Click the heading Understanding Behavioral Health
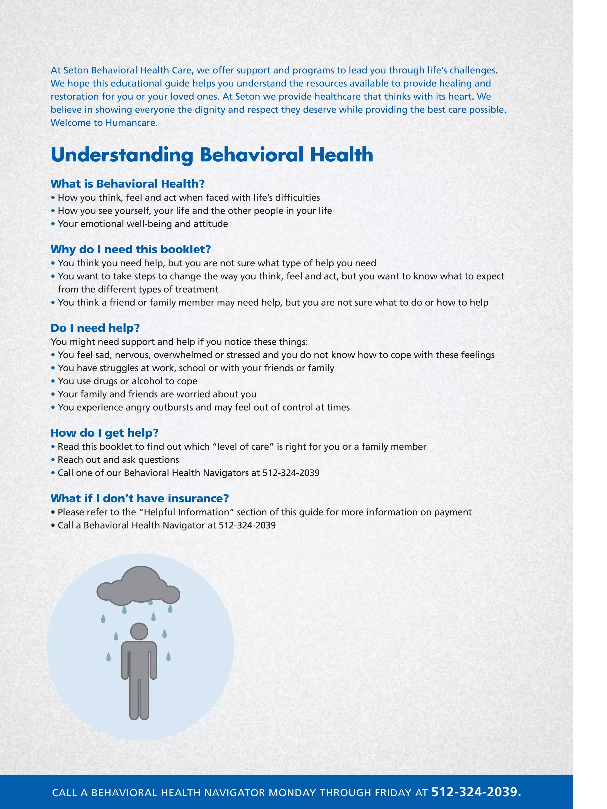coord(212,155)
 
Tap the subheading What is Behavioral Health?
coord(127,184)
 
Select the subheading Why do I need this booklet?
coord(131,249)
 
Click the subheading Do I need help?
coord(95,328)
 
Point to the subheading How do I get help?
coord(104,433)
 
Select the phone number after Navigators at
coord(291,472)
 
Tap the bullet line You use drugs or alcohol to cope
coord(127,381)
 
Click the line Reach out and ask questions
coord(118,459)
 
